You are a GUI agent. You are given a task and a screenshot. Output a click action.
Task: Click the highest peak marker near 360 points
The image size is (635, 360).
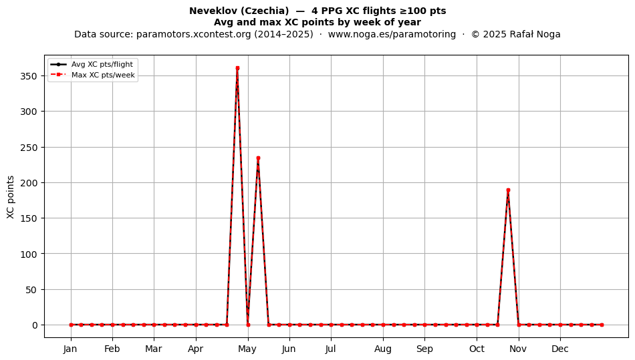[237, 68]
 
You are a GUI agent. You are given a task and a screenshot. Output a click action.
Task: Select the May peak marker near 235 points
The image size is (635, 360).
[258, 158]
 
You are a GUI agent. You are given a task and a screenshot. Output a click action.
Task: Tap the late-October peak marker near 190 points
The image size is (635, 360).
[508, 190]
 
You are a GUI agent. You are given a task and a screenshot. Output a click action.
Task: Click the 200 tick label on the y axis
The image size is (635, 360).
[29, 183]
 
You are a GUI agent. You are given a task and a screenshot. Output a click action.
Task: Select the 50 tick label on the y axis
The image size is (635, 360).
[31, 290]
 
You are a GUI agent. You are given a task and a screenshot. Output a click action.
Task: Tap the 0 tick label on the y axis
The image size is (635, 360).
[35, 325]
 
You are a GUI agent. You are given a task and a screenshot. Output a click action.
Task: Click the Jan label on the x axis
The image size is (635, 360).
[70, 349]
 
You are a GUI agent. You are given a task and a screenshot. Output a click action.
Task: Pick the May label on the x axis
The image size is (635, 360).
[247, 349]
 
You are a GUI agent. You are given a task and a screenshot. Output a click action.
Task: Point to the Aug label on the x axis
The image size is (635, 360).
[383, 349]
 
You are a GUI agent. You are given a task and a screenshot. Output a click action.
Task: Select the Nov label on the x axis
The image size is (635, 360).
[518, 349]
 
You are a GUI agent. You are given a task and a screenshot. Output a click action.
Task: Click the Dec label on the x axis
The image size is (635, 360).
[560, 349]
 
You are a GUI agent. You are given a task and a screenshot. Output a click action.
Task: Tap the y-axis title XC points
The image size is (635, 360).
[11, 197]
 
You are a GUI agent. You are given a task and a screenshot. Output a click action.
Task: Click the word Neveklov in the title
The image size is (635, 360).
[208, 11]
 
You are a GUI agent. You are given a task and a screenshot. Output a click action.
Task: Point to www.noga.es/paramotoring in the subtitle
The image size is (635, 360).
[392, 34]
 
